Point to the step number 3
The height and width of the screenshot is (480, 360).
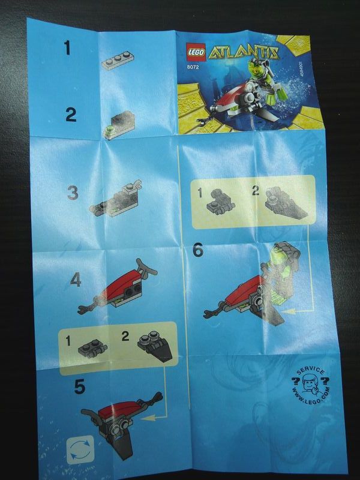(x=73, y=193)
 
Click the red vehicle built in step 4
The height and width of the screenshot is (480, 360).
(x=117, y=288)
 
